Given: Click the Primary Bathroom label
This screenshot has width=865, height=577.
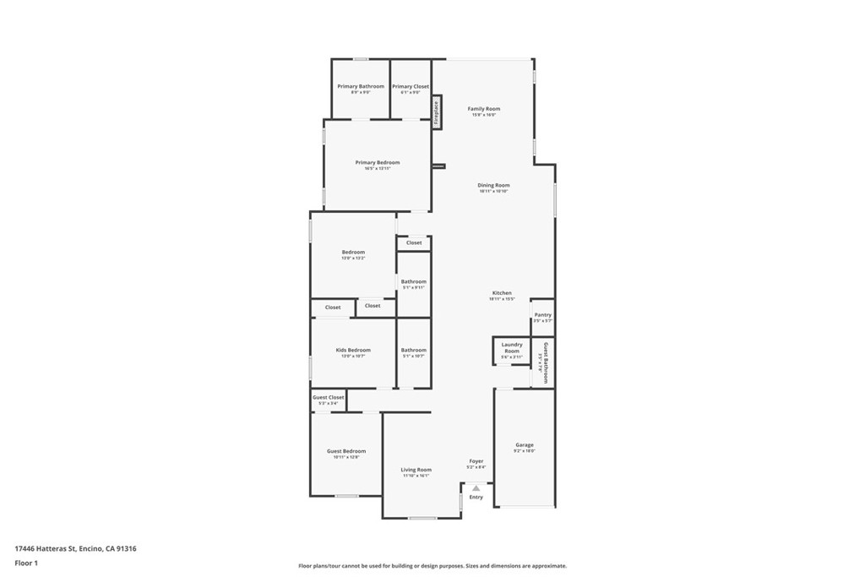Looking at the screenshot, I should [x=361, y=86].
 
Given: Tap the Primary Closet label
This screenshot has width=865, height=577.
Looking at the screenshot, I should [x=411, y=86].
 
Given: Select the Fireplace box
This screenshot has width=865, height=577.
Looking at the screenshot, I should [x=437, y=112].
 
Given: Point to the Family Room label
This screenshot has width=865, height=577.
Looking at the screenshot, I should [x=484, y=109].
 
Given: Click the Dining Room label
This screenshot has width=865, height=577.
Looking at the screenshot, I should [x=493, y=185].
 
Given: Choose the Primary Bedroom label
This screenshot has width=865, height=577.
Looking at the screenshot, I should [x=378, y=162].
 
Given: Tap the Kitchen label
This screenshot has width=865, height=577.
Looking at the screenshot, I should [x=502, y=293].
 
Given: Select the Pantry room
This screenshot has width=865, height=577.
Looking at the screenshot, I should [x=542, y=316].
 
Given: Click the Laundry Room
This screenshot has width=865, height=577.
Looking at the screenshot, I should [x=511, y=351].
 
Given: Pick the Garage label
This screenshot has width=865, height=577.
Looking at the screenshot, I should [x=525, y=445].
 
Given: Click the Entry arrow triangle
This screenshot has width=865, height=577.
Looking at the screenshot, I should [x=476, y=487].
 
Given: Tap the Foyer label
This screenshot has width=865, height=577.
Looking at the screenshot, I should [x=476, y=461].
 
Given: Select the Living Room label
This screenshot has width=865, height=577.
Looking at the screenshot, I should [x=416, y=470].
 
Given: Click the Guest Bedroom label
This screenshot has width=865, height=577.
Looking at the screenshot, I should [x=346, y=451].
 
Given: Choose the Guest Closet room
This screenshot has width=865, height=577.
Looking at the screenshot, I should [x=328, y=399].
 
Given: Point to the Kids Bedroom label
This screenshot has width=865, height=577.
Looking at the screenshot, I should [x=353, y=350].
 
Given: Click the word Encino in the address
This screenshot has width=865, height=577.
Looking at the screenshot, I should [x=91, y=548].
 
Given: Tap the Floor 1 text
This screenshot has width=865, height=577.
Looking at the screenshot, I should [x=26, y=563].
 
